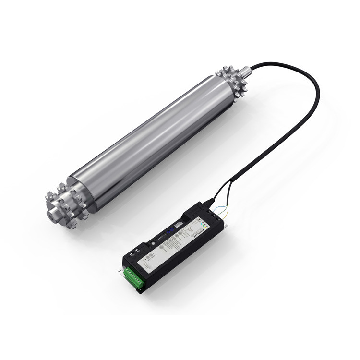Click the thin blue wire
217,208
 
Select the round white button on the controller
153,244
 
